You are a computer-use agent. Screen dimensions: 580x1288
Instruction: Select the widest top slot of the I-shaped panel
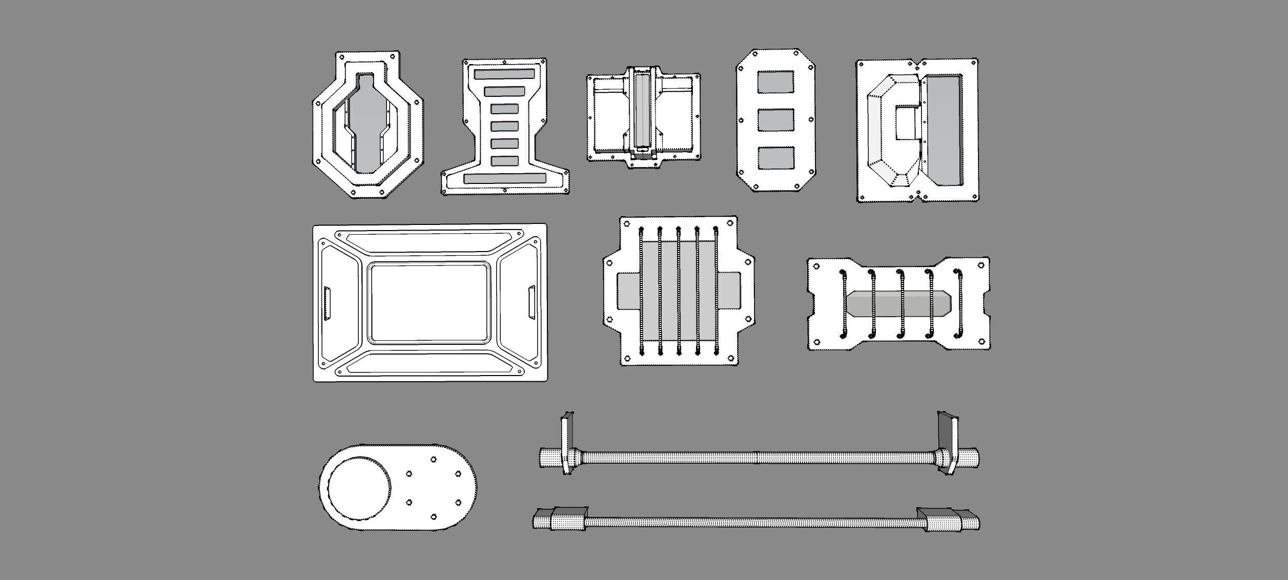504,74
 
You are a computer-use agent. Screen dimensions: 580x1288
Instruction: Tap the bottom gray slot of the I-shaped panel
505,178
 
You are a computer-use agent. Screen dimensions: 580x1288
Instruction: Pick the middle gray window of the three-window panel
775,120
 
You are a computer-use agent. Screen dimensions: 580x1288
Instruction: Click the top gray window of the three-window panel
775,81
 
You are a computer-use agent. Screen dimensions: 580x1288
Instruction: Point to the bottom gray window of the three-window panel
775,158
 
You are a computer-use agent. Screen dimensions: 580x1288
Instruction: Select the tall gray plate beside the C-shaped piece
943,131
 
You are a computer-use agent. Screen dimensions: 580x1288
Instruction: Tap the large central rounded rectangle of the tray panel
428,303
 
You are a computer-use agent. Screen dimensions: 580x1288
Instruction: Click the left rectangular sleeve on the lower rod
569,519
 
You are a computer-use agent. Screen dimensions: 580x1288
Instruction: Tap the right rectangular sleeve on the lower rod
941,520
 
